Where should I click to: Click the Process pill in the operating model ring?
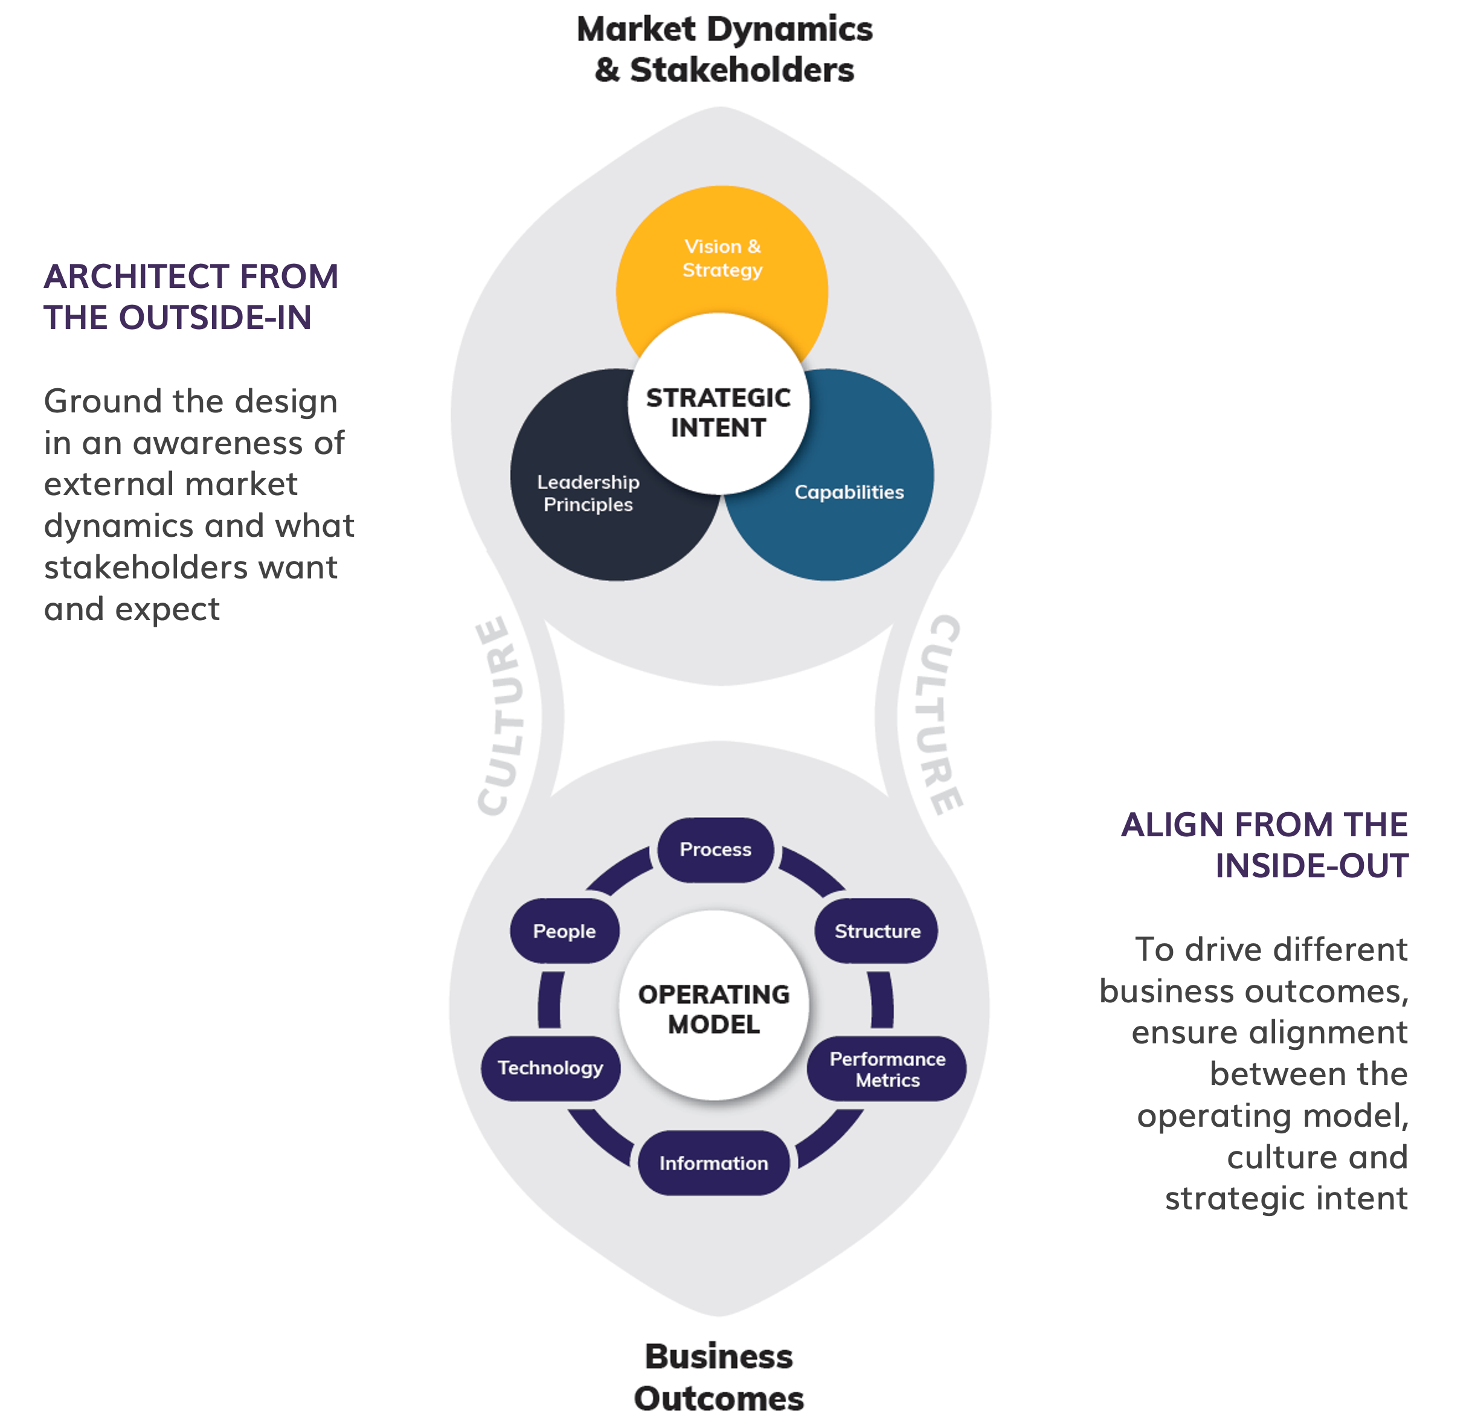click(716, 850)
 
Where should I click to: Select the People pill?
click(564, 931)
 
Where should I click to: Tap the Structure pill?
click(877, 931)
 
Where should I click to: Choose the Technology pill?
click(550, 1068)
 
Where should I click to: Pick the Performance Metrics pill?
click(887, 1069)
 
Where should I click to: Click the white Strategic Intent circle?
click(718, 412)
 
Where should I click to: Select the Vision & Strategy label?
click(722, 258)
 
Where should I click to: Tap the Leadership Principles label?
click(588, 493)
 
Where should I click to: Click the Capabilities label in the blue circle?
click(849, 492)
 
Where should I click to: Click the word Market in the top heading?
click(635, 30)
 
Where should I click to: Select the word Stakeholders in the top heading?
click(742, 70)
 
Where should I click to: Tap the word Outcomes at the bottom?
click(719, 1398)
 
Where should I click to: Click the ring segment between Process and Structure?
click(813, 868)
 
